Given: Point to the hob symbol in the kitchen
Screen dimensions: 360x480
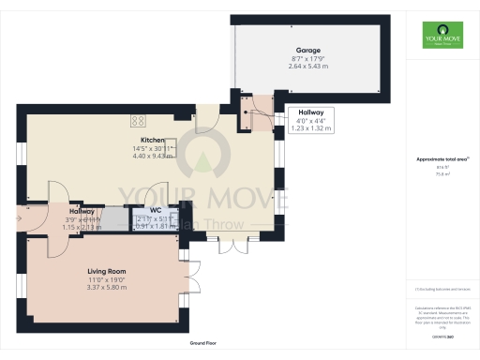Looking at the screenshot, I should pos(139,119).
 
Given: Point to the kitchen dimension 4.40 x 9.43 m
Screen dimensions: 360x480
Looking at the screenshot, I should pos(152,156).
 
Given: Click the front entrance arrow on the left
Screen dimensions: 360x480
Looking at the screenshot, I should pos(18,217).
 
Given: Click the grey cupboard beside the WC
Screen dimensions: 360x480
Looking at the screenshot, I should pos(112,218).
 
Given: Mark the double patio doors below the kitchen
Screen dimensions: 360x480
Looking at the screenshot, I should pos(229,247).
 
